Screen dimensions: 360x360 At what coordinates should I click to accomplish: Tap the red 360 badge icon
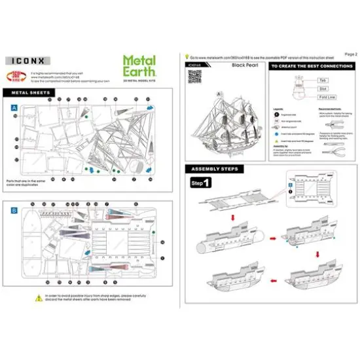point(15,75)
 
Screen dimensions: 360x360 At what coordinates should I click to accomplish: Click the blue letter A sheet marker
point(14,105)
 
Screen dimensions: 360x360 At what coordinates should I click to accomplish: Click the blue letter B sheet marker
point(14,211)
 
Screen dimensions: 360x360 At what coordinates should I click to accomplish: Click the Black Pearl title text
point(243,66)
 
